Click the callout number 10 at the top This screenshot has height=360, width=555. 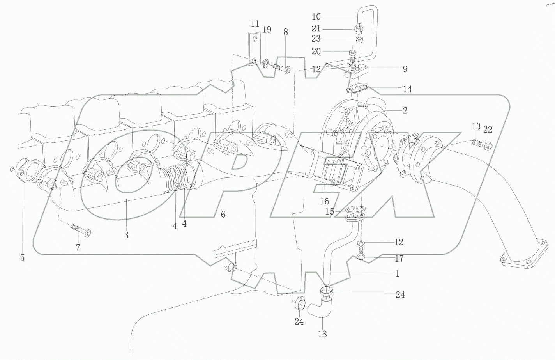point(316,16)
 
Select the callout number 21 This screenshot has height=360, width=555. point(316,28)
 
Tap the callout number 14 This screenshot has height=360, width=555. point(407,89)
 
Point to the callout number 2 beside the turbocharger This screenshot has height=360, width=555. point(405,111)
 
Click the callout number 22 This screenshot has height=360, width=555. point(488,129)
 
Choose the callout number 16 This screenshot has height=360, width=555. point(324,201)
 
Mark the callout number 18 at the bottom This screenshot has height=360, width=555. point(322,334)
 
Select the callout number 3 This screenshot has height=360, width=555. point(126,235)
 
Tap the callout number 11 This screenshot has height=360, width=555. point(255,23)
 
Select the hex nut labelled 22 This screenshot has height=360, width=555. point(488,146)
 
